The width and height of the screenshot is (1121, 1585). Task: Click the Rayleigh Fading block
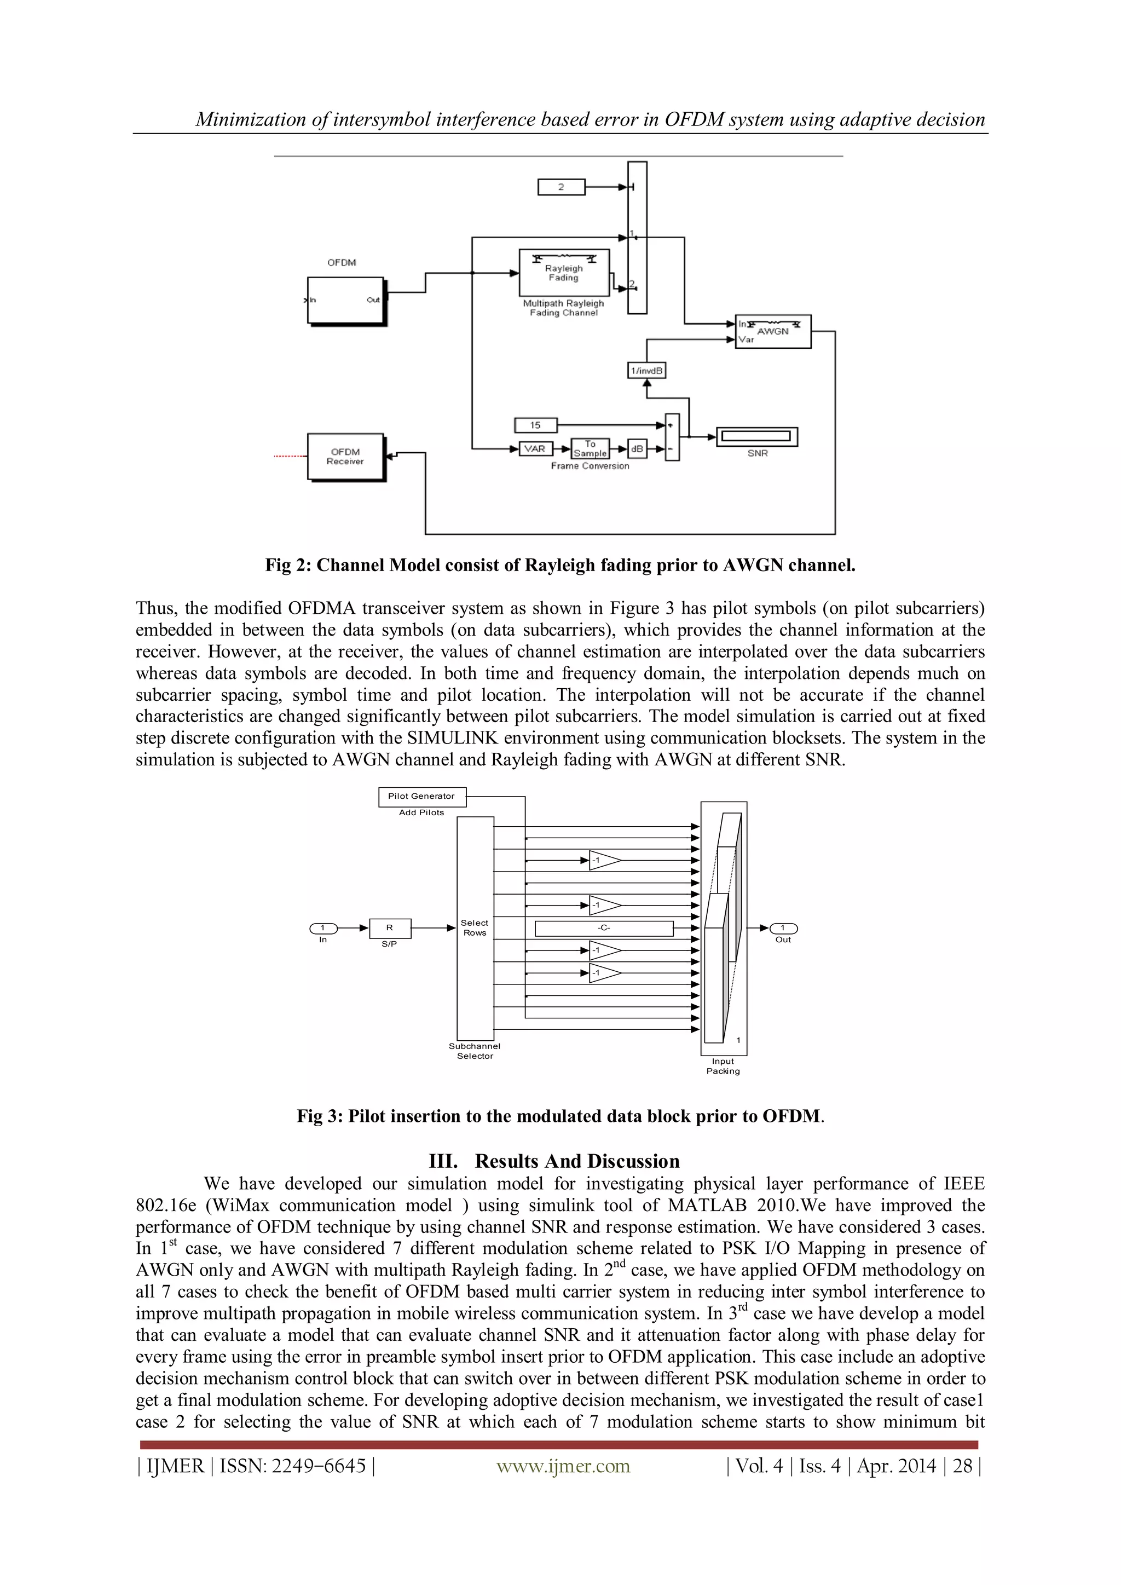point(563,273)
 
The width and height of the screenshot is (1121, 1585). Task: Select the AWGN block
point(772,332)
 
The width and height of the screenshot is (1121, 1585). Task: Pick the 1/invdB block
point(646,371)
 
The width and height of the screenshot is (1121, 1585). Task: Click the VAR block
point(535,449)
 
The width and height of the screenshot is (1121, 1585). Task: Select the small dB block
point(637,449)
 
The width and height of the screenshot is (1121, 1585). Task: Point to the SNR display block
point(756,436)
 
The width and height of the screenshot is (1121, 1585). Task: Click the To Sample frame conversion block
point(590,449)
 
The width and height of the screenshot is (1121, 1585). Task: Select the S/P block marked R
point(390,929)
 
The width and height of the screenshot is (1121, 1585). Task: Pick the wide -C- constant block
point(604,929)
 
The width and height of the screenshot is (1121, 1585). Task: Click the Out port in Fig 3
point(783,929)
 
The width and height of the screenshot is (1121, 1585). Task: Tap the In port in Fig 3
point(323,929)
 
